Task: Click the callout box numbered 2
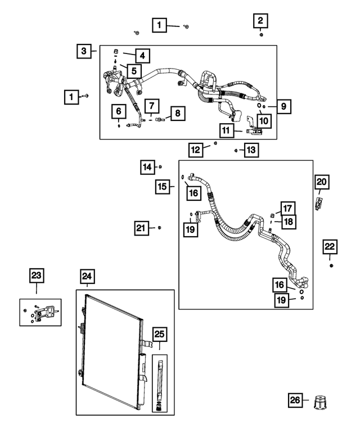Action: click(260, 21)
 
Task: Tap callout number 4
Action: click(142, 55)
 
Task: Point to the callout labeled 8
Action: click(177, 114)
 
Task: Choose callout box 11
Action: click(227, 130)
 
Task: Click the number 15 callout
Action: click(162, 186)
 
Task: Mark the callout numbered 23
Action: click(36, 276)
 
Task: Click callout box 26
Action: click(295, 400)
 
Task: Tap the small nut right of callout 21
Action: click(159, 227)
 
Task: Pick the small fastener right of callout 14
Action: click(161, 166)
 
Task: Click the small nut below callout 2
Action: click(262, 35)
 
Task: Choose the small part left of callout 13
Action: click(236, 150)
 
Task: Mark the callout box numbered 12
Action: click(196, 150)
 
